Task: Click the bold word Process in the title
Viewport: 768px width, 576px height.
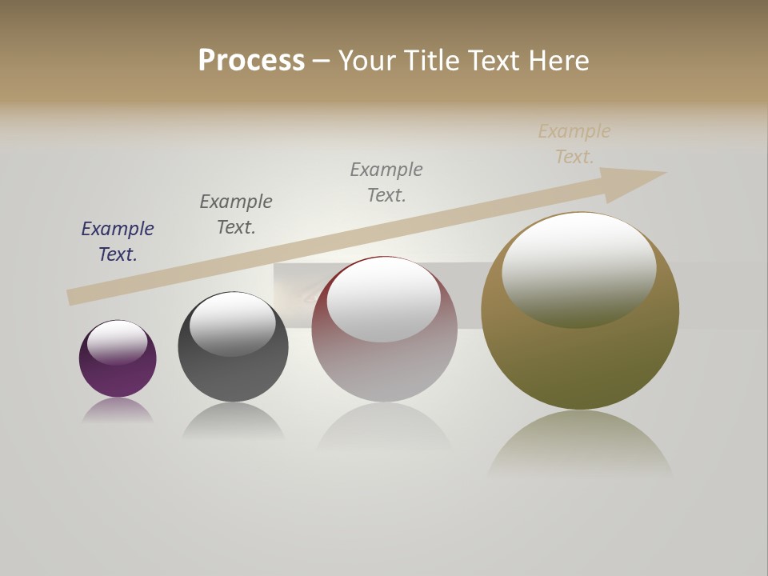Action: click(x=251, y=61)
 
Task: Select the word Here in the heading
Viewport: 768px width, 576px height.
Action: click(x=559, y=61)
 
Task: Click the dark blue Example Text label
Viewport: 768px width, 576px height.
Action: click(x=118, y=242)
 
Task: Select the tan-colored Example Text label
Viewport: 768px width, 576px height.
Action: click(x=574, y=144)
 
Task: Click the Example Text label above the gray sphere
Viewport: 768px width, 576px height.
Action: click(x=236, y=214)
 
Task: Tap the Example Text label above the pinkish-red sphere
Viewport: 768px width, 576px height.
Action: click(x=386, y=182)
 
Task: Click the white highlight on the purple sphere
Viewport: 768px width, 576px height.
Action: click(x=117, y=342)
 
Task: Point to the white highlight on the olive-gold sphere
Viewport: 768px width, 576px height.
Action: click(x=579, y=269)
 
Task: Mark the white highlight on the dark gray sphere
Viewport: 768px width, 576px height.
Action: click(x=232, y=323)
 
